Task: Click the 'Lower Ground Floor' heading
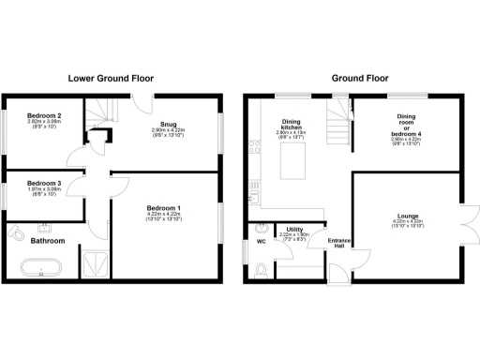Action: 112,78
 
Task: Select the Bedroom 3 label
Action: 44,183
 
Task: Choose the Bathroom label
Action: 47,241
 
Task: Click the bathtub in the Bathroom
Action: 43,268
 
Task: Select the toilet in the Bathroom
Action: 16,232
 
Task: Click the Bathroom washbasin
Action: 44,227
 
